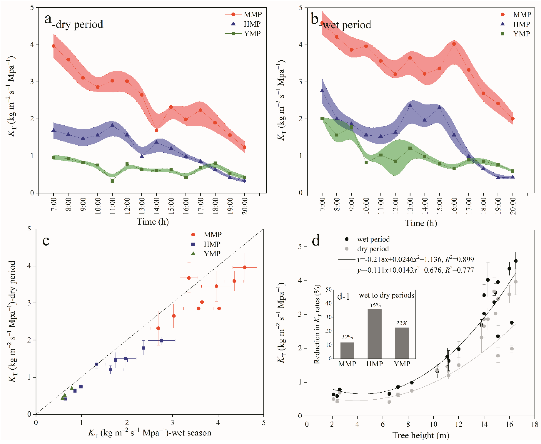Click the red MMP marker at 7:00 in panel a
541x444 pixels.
coord(53,46)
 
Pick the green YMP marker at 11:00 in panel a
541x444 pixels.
coord(112,181)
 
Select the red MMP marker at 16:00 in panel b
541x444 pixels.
coord(454,44)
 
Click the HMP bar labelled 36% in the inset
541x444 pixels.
coord(374,334)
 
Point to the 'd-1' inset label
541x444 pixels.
coord(343,296)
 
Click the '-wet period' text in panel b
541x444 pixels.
coord(346,25)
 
